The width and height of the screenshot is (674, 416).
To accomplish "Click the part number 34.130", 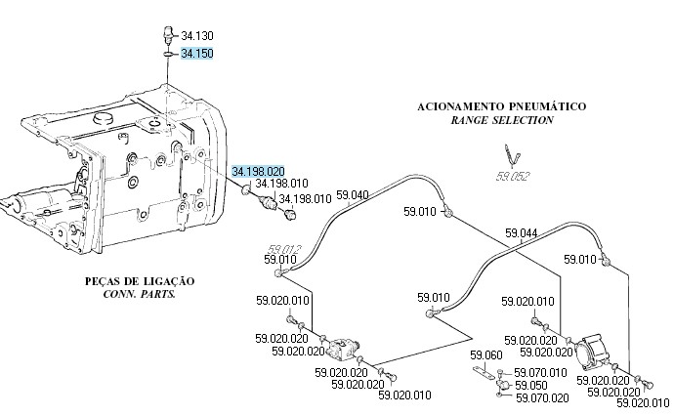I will [x=196, y=36].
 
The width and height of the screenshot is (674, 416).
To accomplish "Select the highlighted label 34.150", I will [x=196, y=54].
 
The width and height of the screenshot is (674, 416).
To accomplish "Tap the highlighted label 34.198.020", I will [x=258, y=172].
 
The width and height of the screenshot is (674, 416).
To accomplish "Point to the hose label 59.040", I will [x=353, y=195].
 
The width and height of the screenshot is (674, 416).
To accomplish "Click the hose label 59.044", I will [x=521, y=233].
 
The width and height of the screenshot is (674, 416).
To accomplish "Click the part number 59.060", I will [x=485, y=354].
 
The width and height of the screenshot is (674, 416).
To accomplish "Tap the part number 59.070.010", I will [x=540, y=372].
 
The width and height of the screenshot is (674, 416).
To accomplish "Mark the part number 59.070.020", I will [x=540, y=397].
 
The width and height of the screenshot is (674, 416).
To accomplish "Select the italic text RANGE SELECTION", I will [x=502, y=120].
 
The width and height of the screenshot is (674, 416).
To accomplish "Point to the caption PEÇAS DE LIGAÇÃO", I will [x=140, y=281].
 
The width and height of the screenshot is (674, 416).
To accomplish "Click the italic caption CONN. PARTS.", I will [x=139, y=293].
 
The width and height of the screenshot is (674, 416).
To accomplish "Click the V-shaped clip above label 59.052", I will [x=508, y=155].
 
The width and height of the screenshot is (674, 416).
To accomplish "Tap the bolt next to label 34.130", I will [x=168, y=36].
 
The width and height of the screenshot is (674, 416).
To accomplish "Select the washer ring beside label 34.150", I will [x=168, y=55].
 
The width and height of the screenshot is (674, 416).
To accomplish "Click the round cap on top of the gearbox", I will [x=105, y=118].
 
